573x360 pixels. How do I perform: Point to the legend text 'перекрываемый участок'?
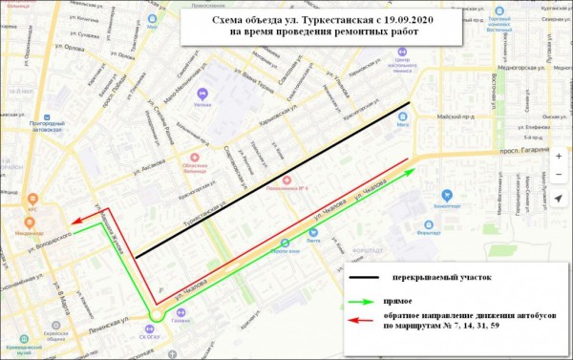[x=440, y=277]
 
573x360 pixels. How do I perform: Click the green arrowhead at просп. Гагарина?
[x=412, y=170]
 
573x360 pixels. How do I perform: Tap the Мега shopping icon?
[x=402, y=120]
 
